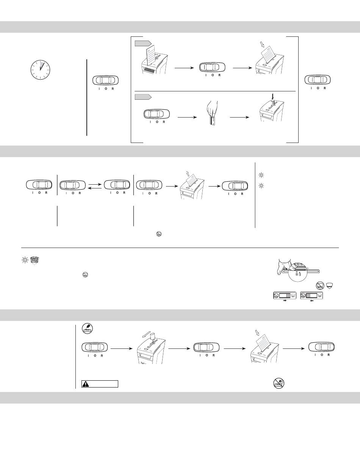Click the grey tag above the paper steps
click(143, 43)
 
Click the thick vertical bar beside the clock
click(87, 97)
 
